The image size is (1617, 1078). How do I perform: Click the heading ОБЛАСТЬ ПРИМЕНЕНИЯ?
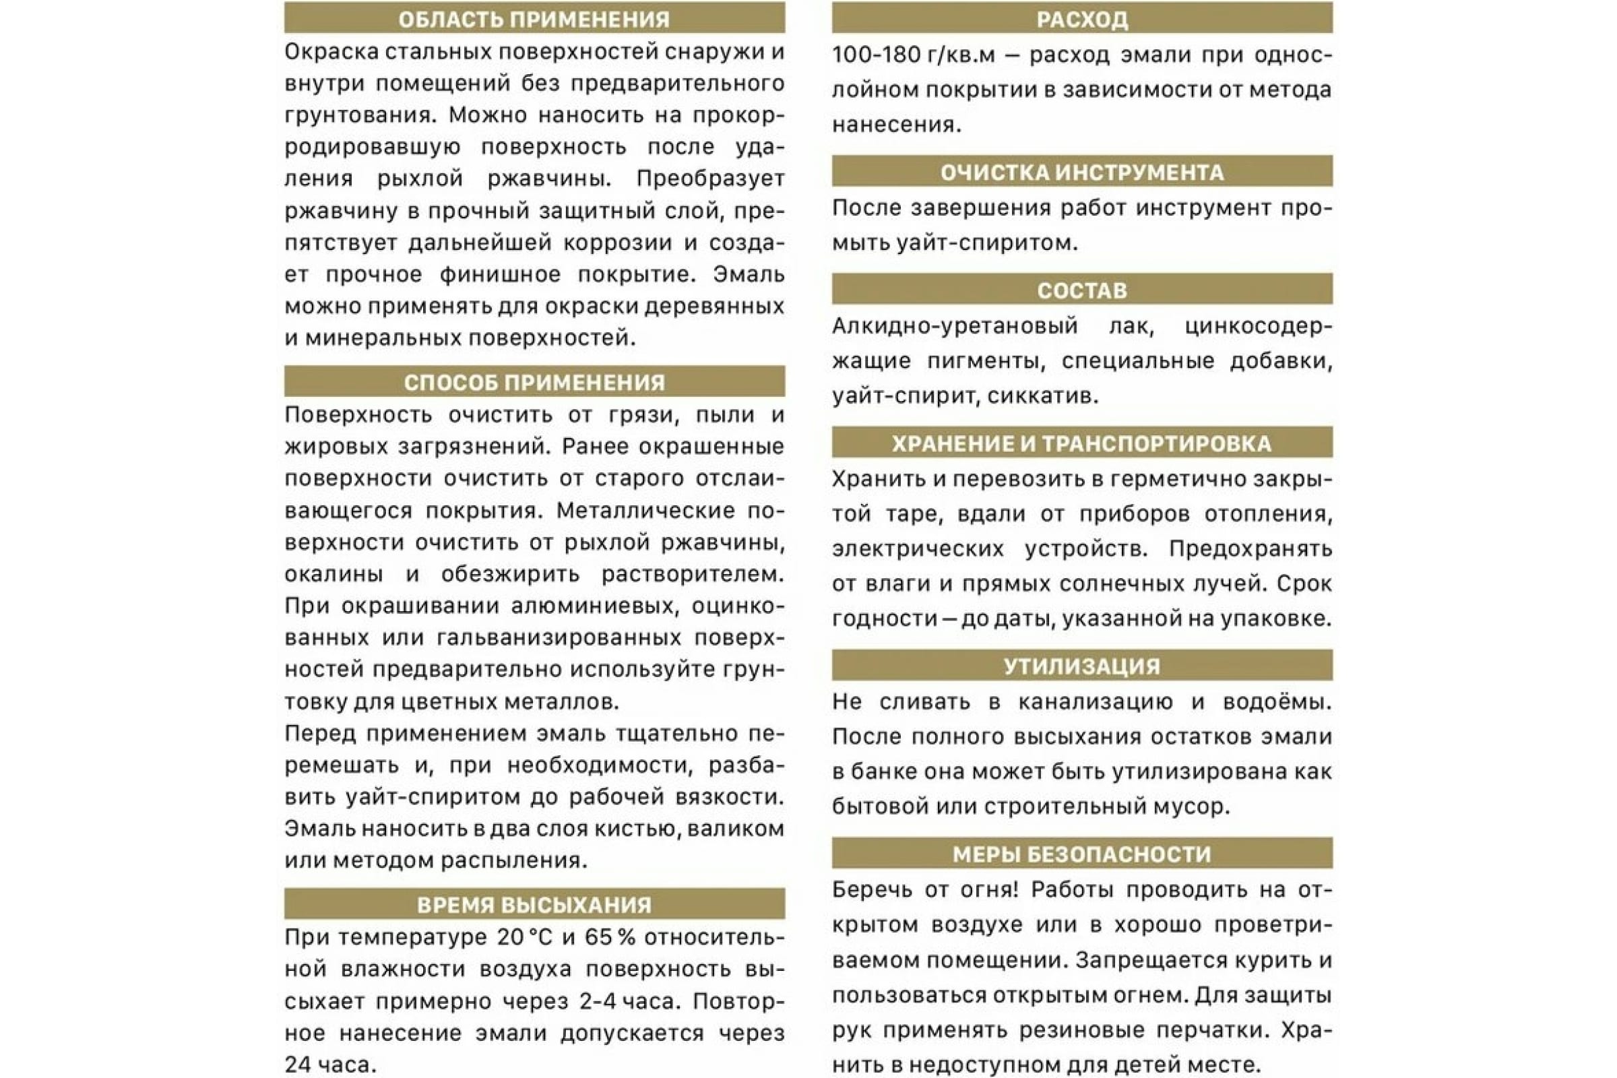(534, 19)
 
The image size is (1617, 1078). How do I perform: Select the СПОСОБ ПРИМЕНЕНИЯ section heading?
(534, 382)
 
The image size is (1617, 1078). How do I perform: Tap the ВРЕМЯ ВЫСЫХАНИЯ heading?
(534, 905)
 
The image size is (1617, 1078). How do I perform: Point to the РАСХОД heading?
(1082, 19)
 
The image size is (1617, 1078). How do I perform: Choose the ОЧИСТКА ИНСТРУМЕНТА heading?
(1082, 172)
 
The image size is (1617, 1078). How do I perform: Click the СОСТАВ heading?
(1082, 290)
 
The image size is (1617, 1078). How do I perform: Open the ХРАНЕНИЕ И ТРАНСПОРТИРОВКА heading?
(1082, 443)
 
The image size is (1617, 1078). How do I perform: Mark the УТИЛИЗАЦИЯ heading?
(1082, 666)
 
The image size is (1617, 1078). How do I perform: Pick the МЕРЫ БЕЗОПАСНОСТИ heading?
(1082, 854)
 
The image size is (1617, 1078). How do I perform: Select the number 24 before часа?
(300, 1065)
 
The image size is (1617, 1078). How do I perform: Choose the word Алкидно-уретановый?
(955, 326)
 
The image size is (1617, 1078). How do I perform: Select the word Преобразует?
(710, 179)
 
